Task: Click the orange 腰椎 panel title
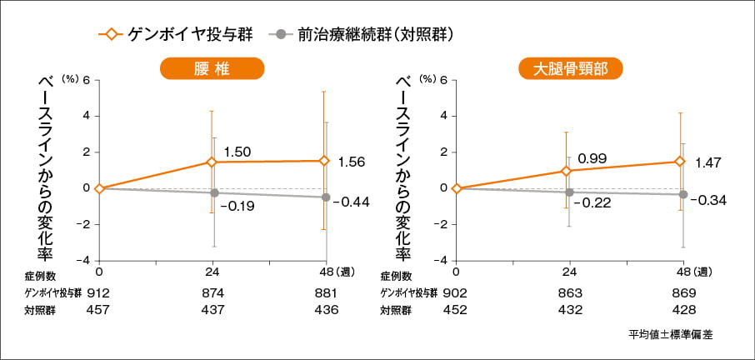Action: [x=212, y=69]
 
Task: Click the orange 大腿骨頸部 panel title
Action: [x=571, y=69]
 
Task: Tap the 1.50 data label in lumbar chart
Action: [x=237, y=152]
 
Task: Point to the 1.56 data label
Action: [x=352, y=161]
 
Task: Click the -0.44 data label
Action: [x=350, y=202]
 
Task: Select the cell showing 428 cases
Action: [x=682, y=309]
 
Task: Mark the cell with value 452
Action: [x=456, y=309]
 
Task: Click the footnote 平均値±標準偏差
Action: [x=671, y=334]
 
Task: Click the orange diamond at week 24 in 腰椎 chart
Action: [x=212, y=162]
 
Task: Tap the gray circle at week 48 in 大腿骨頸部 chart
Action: [x=682, y=194]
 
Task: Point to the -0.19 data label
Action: [x=239, y=205]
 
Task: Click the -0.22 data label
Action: [x=595, y=202]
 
